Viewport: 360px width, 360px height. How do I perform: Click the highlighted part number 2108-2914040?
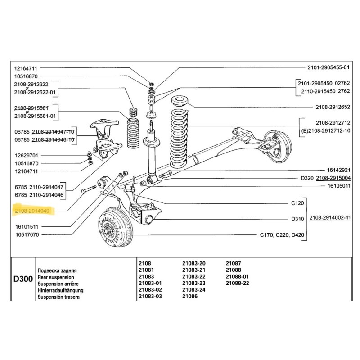pos(34,210)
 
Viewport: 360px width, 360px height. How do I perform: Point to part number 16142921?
pos(338,171)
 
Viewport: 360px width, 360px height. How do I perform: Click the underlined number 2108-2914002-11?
pos(330,218)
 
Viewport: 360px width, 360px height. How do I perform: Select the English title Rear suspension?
pos(57,277)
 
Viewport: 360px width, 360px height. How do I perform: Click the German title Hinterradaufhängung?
pos(60,290)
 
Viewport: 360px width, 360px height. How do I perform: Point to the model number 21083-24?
pos(194,290)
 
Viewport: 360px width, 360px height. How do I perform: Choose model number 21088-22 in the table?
pos(237,283)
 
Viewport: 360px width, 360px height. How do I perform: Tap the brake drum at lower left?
pos(115,229)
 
